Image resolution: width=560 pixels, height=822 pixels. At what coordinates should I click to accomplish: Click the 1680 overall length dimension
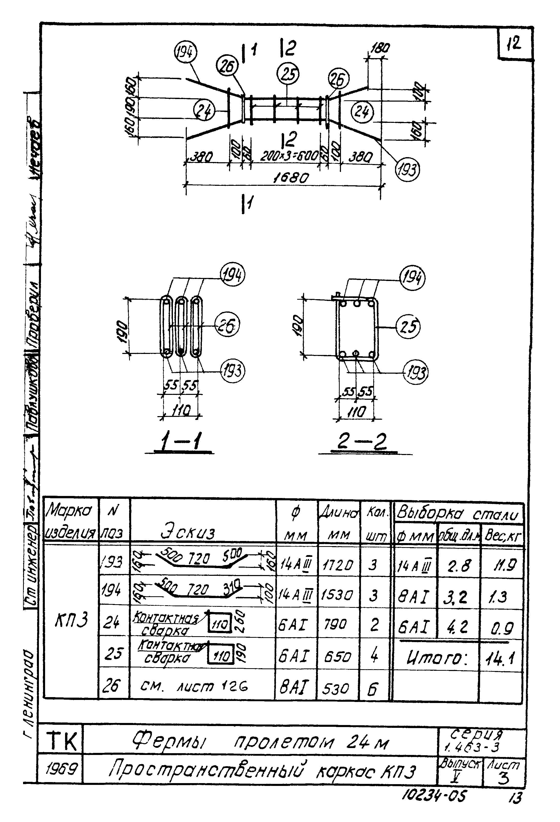pyautogui.click(x=291, y=178)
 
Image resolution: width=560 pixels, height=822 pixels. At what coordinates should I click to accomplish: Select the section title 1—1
pyautogui.click(x=180, y=442)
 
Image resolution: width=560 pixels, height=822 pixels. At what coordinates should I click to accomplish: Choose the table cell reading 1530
pyautogui.click(x=338, y=595)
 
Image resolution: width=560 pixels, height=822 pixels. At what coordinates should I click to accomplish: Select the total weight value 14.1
pyautogui.click(x=500, y=658)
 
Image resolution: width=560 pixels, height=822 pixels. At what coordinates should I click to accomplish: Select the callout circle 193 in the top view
pyautogui.click(x=407, y=170)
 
